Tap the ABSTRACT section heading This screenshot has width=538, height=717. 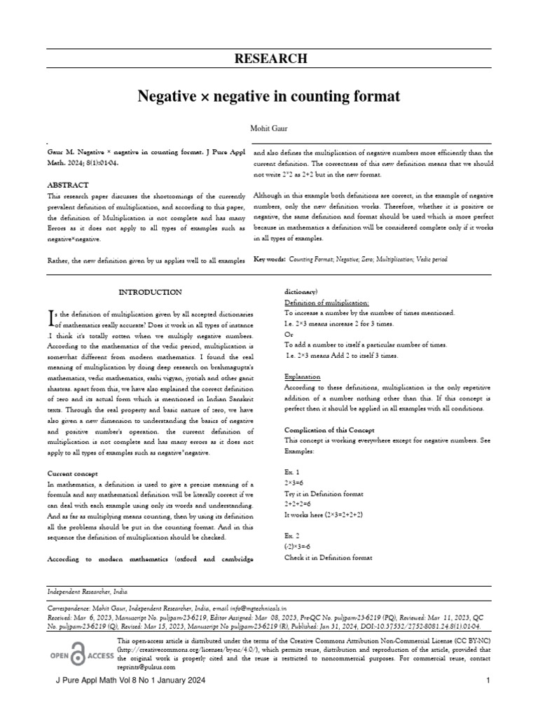point(68,185)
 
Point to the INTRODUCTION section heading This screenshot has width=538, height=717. point(150,292)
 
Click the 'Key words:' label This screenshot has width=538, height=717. point(269,259)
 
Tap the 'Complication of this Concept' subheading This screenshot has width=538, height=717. point(329,429)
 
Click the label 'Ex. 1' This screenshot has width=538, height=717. point(292,473)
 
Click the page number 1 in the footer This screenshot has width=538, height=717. point(486,681)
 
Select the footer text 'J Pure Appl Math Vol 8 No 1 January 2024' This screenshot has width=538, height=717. point(128,681)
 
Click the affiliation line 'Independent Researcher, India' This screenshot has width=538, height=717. point(88,592)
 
